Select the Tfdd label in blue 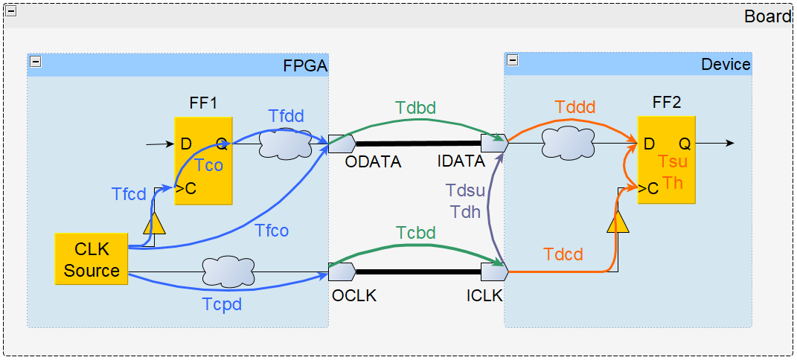[286, 116]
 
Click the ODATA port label [373, 161]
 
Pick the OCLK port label [354, 295]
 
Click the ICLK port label [484, 295]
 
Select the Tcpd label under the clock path [222, 303]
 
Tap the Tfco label [272, 231]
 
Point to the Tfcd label [129, 194]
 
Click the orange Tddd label [575, 107]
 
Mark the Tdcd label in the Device [563, 254]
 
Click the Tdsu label [465, 190]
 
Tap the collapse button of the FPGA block [35, 62]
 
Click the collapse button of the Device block [512, 60]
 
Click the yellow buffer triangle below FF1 [154, 223]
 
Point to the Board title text [767, 16]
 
